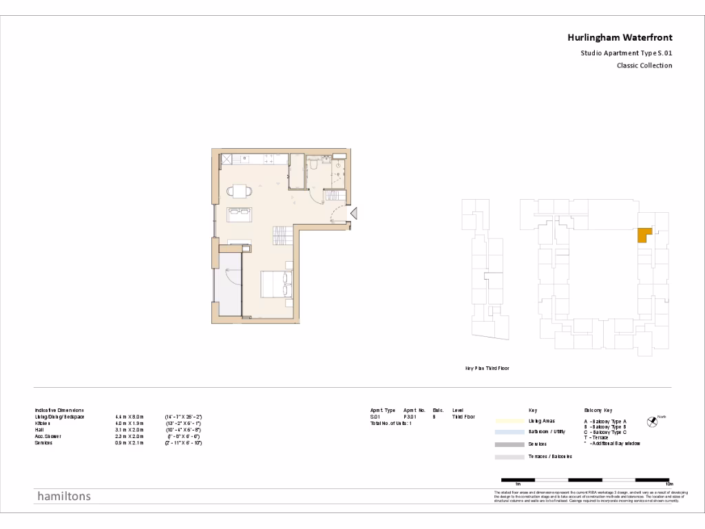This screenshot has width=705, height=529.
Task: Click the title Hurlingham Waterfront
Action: (x=620, y=38)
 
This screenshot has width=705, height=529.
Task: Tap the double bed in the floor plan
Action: (x=276, y=284)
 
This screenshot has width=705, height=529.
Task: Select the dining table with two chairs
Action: (x=238, y=191)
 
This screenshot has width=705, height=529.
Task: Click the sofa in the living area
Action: (x=240, y=214)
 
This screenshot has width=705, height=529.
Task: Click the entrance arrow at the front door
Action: (x=354, y=215)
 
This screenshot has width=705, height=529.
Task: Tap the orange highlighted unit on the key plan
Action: (x=644, y=236)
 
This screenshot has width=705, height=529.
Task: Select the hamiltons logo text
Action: (x=63, y=496)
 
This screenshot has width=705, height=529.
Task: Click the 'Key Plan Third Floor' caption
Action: (x=487, y=369)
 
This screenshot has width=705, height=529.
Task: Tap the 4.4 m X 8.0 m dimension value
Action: (x=129, y=417)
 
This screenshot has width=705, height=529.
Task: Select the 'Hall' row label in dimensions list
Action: (x=39, y=430)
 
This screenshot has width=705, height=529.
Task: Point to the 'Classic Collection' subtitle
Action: (x=644, y=66)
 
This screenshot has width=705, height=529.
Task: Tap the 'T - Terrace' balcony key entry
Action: (x=596, y=438)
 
